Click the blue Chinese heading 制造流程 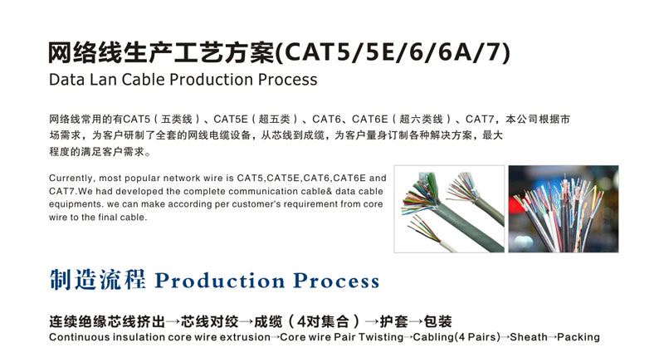[x=98, y=280]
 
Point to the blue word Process [x=336, y=281]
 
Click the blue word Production [x=220, y=281]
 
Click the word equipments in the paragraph [x=76, y=204]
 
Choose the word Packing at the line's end [x=579, y=337]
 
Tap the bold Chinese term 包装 [x=437, y=322]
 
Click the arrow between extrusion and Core [x=276, y=337]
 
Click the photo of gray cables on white [x=449, y=208]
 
